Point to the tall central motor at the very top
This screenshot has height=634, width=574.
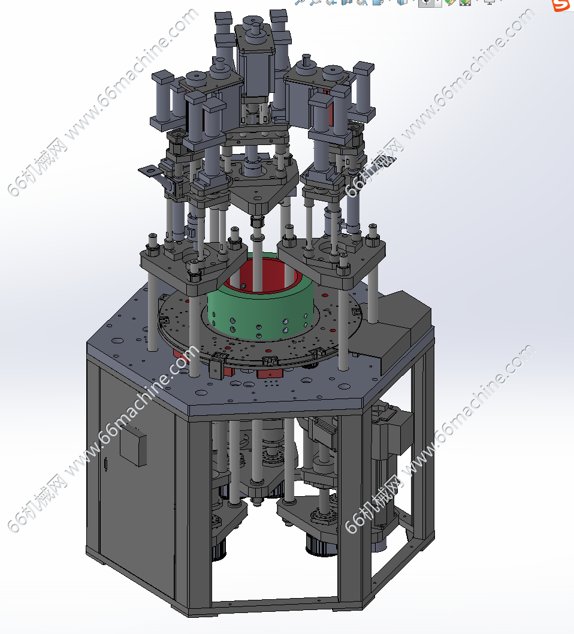pyautogui.click(x=255, y=61)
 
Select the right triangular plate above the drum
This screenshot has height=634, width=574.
pyautogui.click(x=331, y=256)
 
